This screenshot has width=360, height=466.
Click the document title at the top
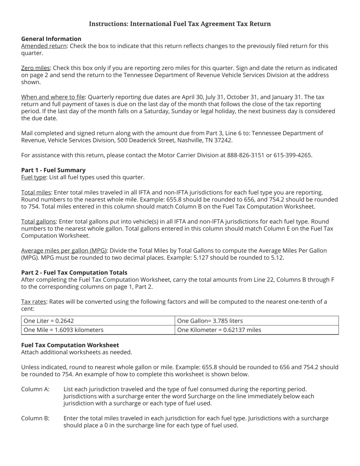pos(180,24)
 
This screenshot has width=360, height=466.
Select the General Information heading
pos(51,39)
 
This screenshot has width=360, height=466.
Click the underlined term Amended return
pos(44,46)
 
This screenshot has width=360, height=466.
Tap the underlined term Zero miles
pos(36,68)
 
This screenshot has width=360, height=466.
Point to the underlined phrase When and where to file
pos(53,97)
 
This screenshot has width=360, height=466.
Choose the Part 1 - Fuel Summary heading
pos(53,170)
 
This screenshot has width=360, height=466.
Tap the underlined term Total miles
pos(36,192)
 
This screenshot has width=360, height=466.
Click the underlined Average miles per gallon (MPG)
pos(64,250)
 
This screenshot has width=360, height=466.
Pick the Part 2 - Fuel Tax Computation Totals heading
pos(74,272)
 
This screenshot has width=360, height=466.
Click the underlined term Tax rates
pos(34,302)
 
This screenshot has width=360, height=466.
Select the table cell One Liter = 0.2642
pos(49,321)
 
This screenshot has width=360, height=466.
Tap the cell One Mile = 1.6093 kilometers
pos(64,330)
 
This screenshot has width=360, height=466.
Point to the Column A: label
pos(35,389)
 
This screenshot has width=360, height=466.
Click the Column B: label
pos(35,418)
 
